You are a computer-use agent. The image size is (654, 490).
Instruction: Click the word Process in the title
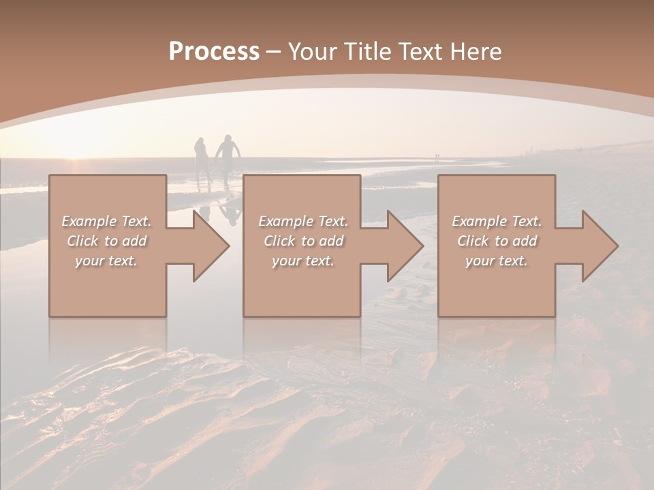(x=214, y=52)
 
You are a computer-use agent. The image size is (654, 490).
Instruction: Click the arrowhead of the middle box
(x=405, y=246)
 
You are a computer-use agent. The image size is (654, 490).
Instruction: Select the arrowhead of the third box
(x=599, y=246)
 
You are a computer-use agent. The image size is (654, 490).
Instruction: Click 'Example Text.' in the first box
(x=106, y=221)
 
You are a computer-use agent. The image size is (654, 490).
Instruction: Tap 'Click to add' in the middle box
(x=303, y=241)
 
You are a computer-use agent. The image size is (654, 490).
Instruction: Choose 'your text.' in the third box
(x=496, y=261)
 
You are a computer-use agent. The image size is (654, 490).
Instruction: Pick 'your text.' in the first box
(x=106, y=261)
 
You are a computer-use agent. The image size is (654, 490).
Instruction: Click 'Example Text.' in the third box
(x=496, y=221)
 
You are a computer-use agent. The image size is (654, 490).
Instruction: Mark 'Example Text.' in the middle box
(x=303, y=221)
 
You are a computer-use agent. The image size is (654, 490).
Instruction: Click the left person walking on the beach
(x=202, y=159)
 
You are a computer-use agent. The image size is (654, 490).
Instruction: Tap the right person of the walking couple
(x=229, y=157)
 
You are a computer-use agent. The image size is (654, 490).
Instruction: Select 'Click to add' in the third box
(x=496, y=241)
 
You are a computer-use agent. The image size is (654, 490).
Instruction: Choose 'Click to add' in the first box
(x=106, y=241)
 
